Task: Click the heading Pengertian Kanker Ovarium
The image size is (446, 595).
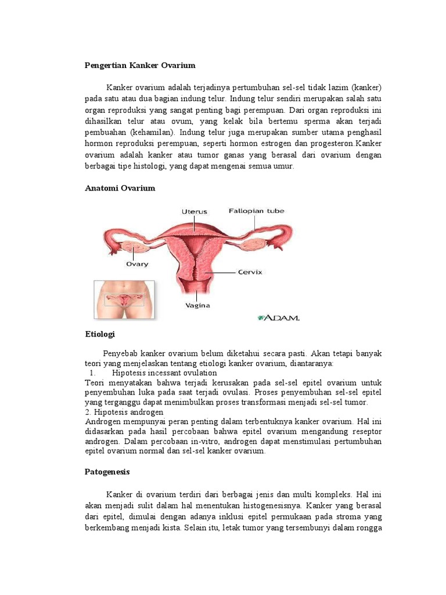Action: pyautogui.click(x=140, y=65)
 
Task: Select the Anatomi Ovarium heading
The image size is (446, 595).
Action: pyautogui.click(x=120, y=188)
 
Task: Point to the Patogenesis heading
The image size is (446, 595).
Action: pyautogui.click(x=107, y=472)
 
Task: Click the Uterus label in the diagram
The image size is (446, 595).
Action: pyautogui.click(x=194, y=212)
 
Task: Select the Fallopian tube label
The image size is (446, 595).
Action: pyautogui.click(x=256, y=211)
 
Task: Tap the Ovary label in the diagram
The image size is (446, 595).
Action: pyautogui.click(x=137, y=264)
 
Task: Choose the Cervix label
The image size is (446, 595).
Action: pyautogui.click(x=250, y=271)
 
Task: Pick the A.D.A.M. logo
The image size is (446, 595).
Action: pyautogui.click(x=279, y=318)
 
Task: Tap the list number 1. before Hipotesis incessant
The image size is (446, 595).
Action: pyautogui.click(x=93, y=372)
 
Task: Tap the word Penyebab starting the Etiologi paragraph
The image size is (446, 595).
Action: pyautogui.click(x=120, y=353)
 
